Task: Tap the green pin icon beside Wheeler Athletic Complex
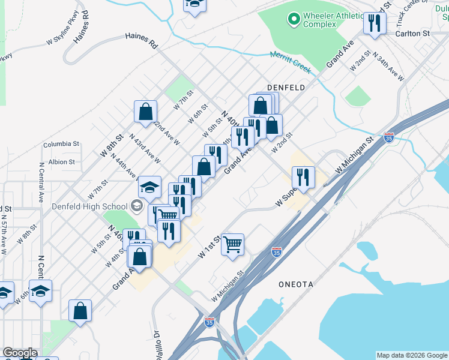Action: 294,20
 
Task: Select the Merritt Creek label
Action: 291,62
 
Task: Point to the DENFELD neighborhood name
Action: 286,88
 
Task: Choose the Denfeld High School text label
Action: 89,207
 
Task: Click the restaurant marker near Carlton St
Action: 375,24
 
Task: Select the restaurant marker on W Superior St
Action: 304,178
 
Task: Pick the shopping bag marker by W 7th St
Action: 146,111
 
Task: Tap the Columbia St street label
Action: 61,144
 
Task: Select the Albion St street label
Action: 61,162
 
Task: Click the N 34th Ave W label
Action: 388,66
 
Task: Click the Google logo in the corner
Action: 19,353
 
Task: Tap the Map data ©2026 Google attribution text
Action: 412,355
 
